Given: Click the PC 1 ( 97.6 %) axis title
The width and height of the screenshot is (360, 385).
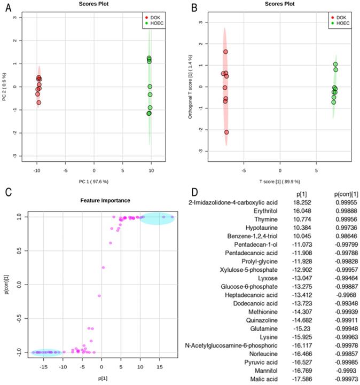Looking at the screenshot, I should click(x=94, y=182).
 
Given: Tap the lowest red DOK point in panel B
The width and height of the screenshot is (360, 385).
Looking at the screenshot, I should click(x=226, y=132).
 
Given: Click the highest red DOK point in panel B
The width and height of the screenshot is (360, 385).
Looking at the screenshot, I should click(x=226, y=52).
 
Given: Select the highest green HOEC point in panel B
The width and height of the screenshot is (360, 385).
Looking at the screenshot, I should click(x=335, y=64).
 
